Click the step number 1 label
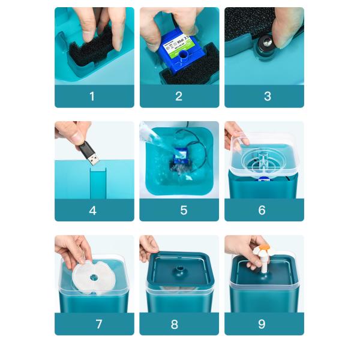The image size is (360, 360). (92, 96)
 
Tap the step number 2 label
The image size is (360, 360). (179, 96)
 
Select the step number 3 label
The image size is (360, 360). (267, 96)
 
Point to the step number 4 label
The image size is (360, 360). (92, 211)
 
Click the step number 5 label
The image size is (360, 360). (184, 211)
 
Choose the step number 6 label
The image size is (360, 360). (262, 211)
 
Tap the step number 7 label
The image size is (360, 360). (98, 324)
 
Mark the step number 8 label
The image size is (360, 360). (175, 324)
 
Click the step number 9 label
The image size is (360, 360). (262, 324)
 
